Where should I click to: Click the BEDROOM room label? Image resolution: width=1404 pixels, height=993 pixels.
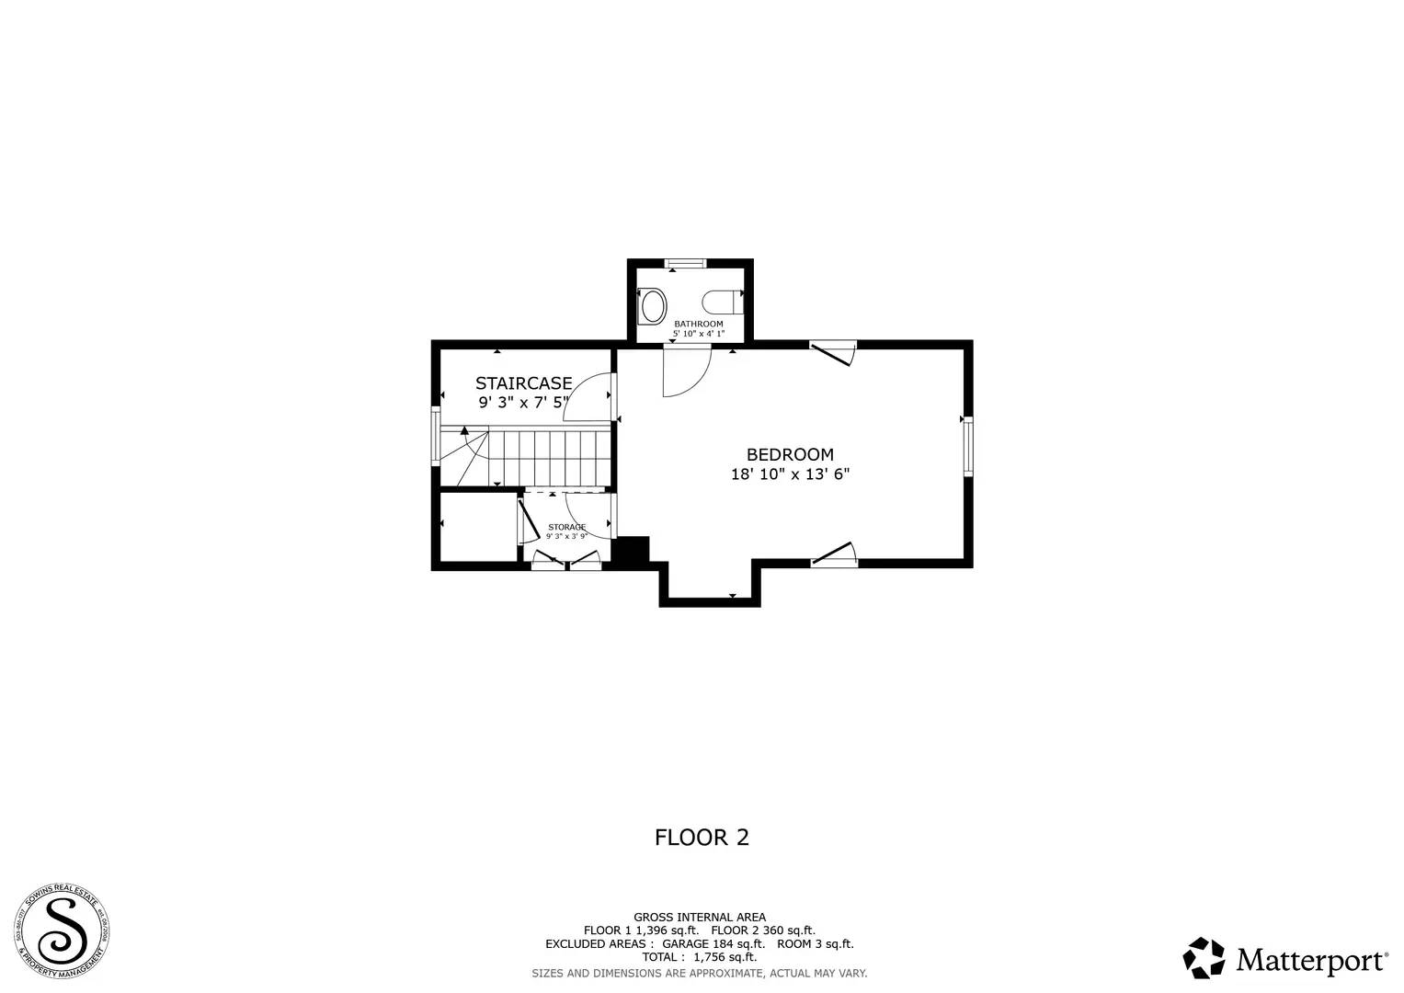pos(790,454)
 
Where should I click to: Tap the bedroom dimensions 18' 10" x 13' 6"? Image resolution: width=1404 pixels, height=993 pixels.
pos(790,474)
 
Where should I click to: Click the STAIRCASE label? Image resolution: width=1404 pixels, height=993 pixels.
pos(523,382)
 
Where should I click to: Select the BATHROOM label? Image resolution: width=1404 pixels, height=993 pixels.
pos(698,324)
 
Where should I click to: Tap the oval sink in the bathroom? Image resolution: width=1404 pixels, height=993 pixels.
pos(653,305)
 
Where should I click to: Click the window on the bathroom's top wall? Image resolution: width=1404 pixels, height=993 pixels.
pos(686,264)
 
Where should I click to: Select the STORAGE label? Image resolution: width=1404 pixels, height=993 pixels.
pos(566,527)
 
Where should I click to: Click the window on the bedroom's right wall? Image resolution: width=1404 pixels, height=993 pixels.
pos(967,446)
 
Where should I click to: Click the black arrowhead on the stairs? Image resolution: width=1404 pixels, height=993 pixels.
pos(464,429)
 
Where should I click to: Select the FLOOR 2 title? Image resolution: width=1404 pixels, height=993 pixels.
pos(702,838)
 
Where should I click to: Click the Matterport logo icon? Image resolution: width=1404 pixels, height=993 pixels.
pos(1204,958)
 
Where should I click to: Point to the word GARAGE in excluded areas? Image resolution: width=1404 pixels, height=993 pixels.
pos(685,944)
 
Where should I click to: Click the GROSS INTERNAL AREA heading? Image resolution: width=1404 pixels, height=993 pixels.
pos(699,917)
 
